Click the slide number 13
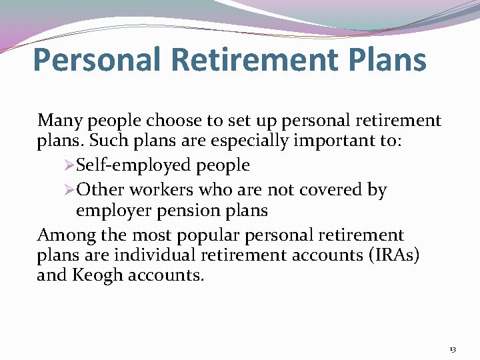point(453,349)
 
